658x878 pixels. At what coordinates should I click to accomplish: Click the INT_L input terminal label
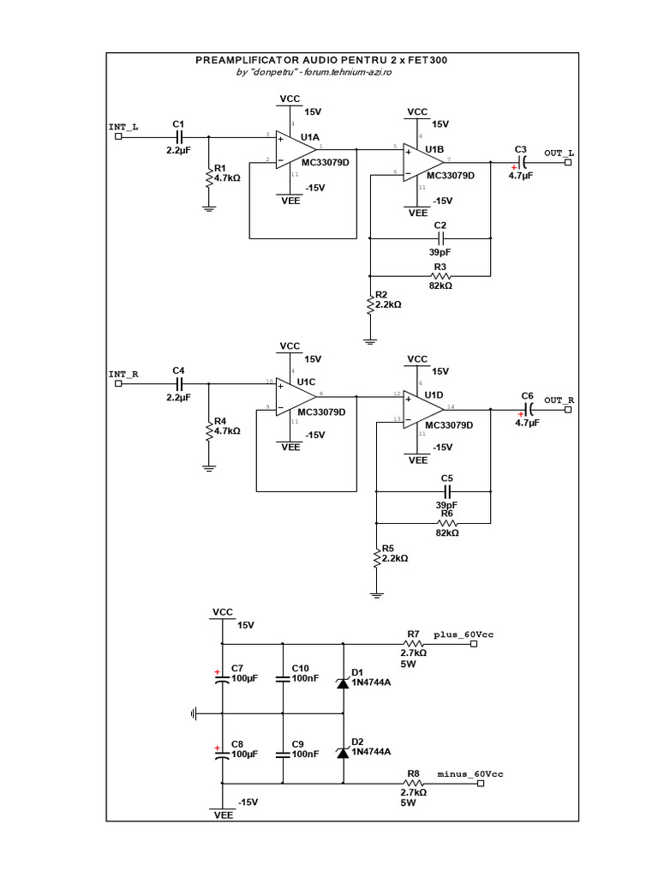(123, 127)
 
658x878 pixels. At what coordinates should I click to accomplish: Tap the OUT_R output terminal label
(559, 400)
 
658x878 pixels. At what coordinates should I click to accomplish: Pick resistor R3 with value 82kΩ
(441, 276)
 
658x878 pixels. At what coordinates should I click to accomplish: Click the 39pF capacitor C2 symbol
(440, 237)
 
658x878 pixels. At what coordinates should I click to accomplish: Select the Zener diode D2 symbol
(343, 752)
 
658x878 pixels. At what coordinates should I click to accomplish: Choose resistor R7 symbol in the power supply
(413, 643)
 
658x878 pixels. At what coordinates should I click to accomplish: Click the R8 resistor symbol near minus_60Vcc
(413, 783)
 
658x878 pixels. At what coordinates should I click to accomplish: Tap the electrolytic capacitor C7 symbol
(222, 677)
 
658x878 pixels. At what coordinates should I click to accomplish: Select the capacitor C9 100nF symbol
(283, 755)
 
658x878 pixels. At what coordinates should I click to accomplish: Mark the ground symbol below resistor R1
(207, 207)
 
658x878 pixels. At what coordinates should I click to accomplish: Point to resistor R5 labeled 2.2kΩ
(376, 558)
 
